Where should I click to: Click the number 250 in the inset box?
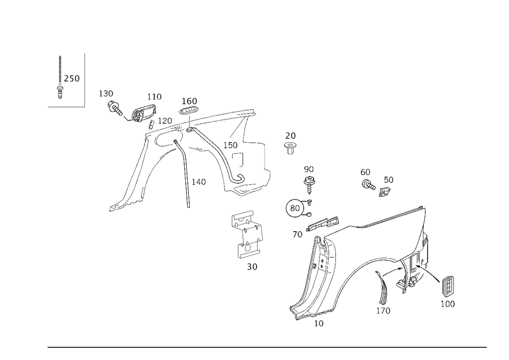(72, 78)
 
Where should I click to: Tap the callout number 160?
(189, 101)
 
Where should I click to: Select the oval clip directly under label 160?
(188, 111)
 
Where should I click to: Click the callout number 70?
(290, 135)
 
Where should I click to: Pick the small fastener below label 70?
(290, 148)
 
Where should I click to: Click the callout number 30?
(252, 266)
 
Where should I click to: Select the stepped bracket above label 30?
(247, 234)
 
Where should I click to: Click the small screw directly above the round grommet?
(308, 178)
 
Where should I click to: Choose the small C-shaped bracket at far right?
(448, 290)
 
